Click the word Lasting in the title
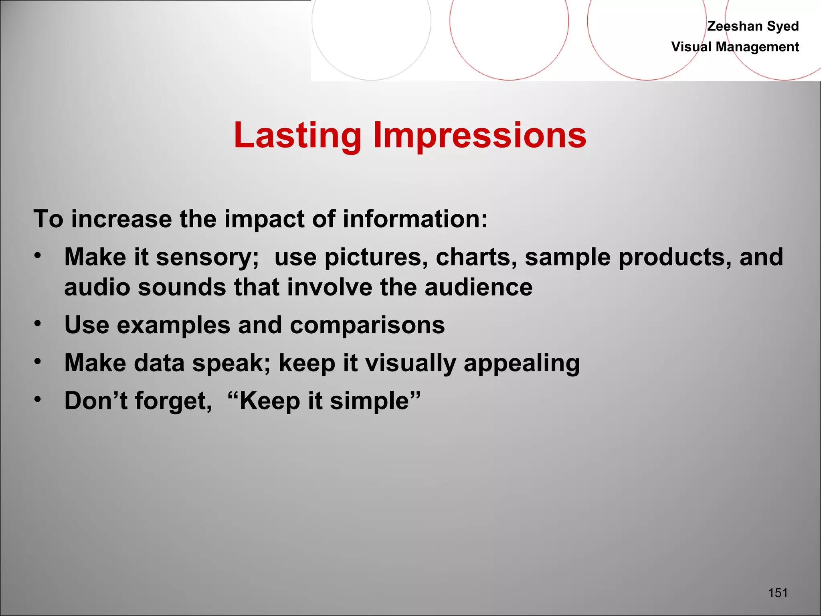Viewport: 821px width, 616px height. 297,136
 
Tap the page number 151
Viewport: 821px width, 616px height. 778,592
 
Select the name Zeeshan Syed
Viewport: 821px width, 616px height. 752,26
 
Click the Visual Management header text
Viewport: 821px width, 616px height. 735,47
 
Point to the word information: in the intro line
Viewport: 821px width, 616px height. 415,219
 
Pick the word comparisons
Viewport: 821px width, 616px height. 367,325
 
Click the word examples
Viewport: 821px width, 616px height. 173,325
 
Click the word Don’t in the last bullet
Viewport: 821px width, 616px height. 95,401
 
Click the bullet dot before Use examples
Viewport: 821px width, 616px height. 38,323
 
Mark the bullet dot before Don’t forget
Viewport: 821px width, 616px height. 38,399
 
